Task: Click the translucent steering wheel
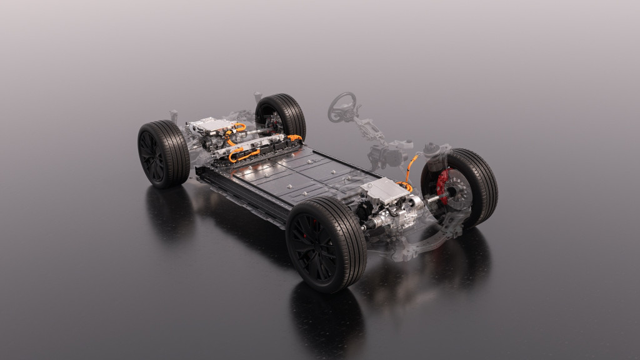point(342,106)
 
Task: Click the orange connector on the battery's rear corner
point(294,137)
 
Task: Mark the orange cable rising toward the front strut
point(410,167)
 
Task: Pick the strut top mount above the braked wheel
point(435,150)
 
